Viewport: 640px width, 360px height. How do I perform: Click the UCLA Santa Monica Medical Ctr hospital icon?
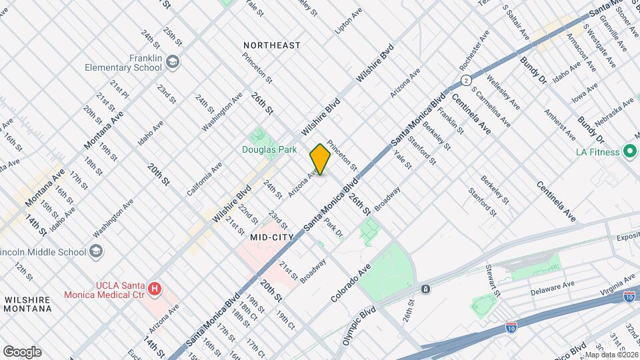click(155, 289)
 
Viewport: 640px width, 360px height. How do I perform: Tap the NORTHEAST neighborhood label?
click(271, 45)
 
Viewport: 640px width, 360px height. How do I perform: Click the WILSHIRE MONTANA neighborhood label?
click(28, 305)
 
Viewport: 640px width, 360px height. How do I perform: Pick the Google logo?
click(22, 352)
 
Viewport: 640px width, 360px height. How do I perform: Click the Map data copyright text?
click(611, 355)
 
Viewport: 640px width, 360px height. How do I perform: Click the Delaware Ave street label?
click(553, 292)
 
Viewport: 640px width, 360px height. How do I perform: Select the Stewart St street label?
click(493, 280)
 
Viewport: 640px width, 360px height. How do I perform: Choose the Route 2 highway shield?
click(464, 80)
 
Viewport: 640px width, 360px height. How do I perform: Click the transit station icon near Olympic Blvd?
click(425, 289)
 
